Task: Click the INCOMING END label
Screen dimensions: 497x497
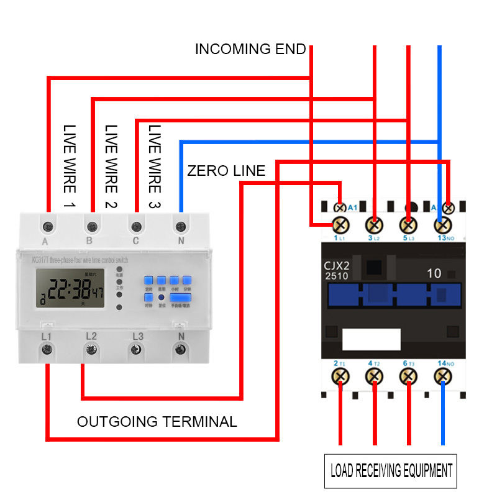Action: pyautogui.click(x=250, y=49)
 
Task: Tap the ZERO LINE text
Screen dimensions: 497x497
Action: pyautogui.click(x=226, y=171)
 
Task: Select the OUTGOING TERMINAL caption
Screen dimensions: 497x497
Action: pyautogui.click(x=157, y=422)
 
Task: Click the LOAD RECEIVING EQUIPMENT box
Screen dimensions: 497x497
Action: pyautogui.click(x=391, y=471)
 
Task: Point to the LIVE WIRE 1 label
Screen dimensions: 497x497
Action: pyautogui.click(x=69, y=166)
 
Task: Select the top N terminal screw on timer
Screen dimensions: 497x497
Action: pyautogui.click(x=181, y=225)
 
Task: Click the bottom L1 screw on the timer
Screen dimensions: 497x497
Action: pyautogui.click(x=47, y=350)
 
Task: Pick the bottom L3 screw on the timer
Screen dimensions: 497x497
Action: pyautogui.click(x=136, y=350)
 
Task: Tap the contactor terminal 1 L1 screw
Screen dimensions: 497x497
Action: pyautogui.click(x=340, y=224)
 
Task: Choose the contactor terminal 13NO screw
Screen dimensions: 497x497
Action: pyautogui.click(x=442, y=224)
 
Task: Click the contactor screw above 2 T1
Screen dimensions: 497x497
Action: pyautogui.click(x=340, y=375)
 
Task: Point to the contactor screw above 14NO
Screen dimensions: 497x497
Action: pyautogui.click(x=442, y=375)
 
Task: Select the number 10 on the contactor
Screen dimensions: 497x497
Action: pyautogui.click(x=434, y=273)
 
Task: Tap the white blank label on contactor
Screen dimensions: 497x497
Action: pyautogui.click(x=371, y=340)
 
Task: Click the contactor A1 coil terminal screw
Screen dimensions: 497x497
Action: pyautogui.click(x=340, y=207)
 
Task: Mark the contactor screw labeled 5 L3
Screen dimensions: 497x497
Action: pyautogui.click(x=408, y=224)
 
